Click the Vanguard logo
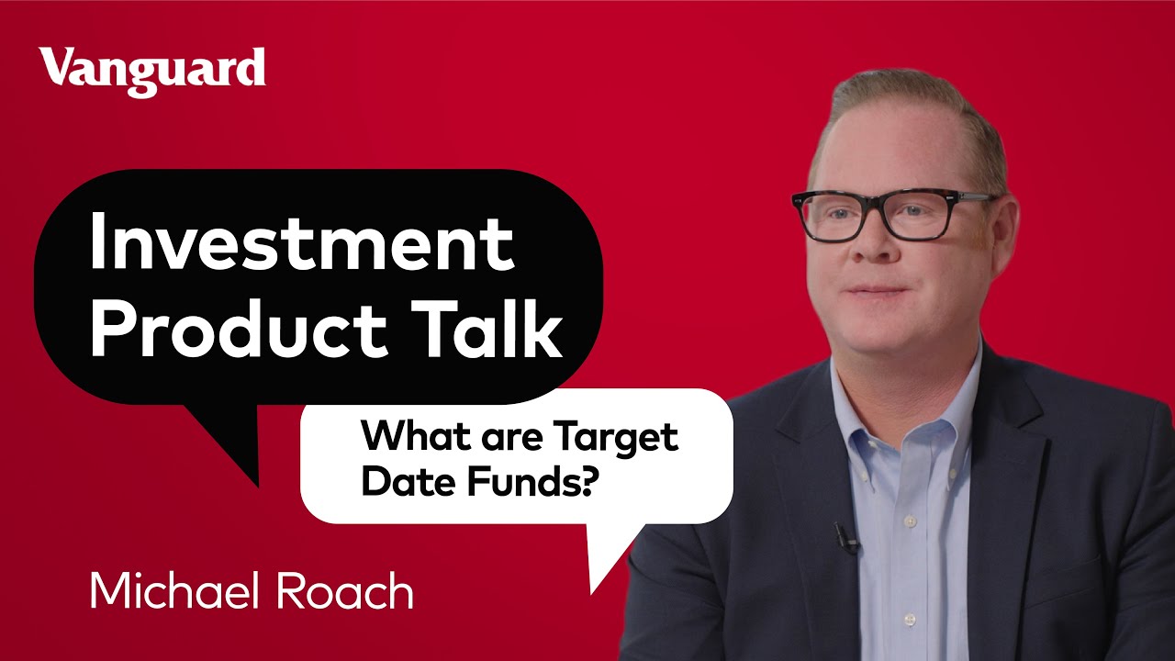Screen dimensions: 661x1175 click(x=152, y=71)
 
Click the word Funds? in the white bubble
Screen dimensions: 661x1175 click(x=535, y=480)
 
